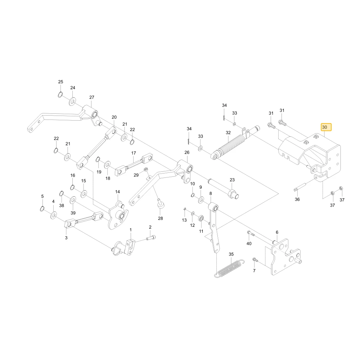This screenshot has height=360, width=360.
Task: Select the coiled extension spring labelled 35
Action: tap(229, 268)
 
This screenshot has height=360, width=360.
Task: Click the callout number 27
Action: tap(91, 97)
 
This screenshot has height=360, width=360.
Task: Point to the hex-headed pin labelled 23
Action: tap(223, 188)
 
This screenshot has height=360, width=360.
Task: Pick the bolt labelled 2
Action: tap(150, 238)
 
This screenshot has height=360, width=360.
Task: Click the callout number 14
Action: tap(118, 192)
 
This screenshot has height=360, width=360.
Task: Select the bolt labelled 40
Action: tap(251, 234)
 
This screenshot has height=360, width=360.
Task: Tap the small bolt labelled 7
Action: tap(255, 260)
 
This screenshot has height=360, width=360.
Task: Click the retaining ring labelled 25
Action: tap(60, 95)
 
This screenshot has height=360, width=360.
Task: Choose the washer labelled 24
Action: tap(73, 101)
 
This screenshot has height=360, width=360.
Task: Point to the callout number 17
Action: tap(134, 153)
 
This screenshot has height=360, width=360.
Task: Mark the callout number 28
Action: tap(161, 219)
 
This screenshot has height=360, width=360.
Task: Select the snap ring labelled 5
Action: tap(42, 209)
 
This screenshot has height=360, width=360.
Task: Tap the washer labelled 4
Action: tap(54, 215)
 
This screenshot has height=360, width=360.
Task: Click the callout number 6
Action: tap(277, 232)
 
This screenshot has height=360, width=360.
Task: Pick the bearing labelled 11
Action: tap(201, 218)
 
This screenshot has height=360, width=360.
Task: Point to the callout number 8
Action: tap(211, 194)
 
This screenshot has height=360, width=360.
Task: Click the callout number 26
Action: tap(187, 152)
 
